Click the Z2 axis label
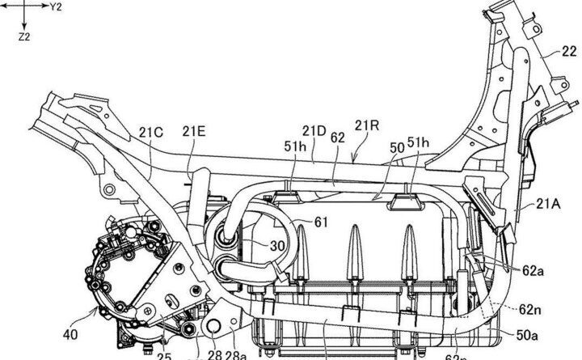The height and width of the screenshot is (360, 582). click(24, 37)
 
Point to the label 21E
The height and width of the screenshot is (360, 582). click(193, 132)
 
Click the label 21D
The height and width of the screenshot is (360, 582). click(314, 129)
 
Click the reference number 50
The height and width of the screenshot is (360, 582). click(397, 149)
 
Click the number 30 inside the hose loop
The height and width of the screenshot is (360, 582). click(255, 246)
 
